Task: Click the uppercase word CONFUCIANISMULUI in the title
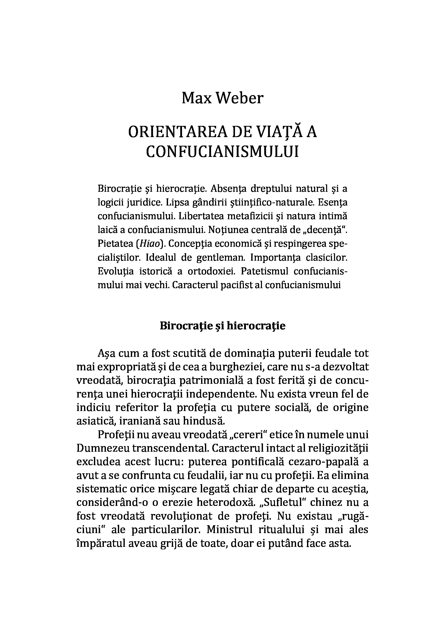pos(222,152)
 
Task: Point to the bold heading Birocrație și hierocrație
pos(222,326)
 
